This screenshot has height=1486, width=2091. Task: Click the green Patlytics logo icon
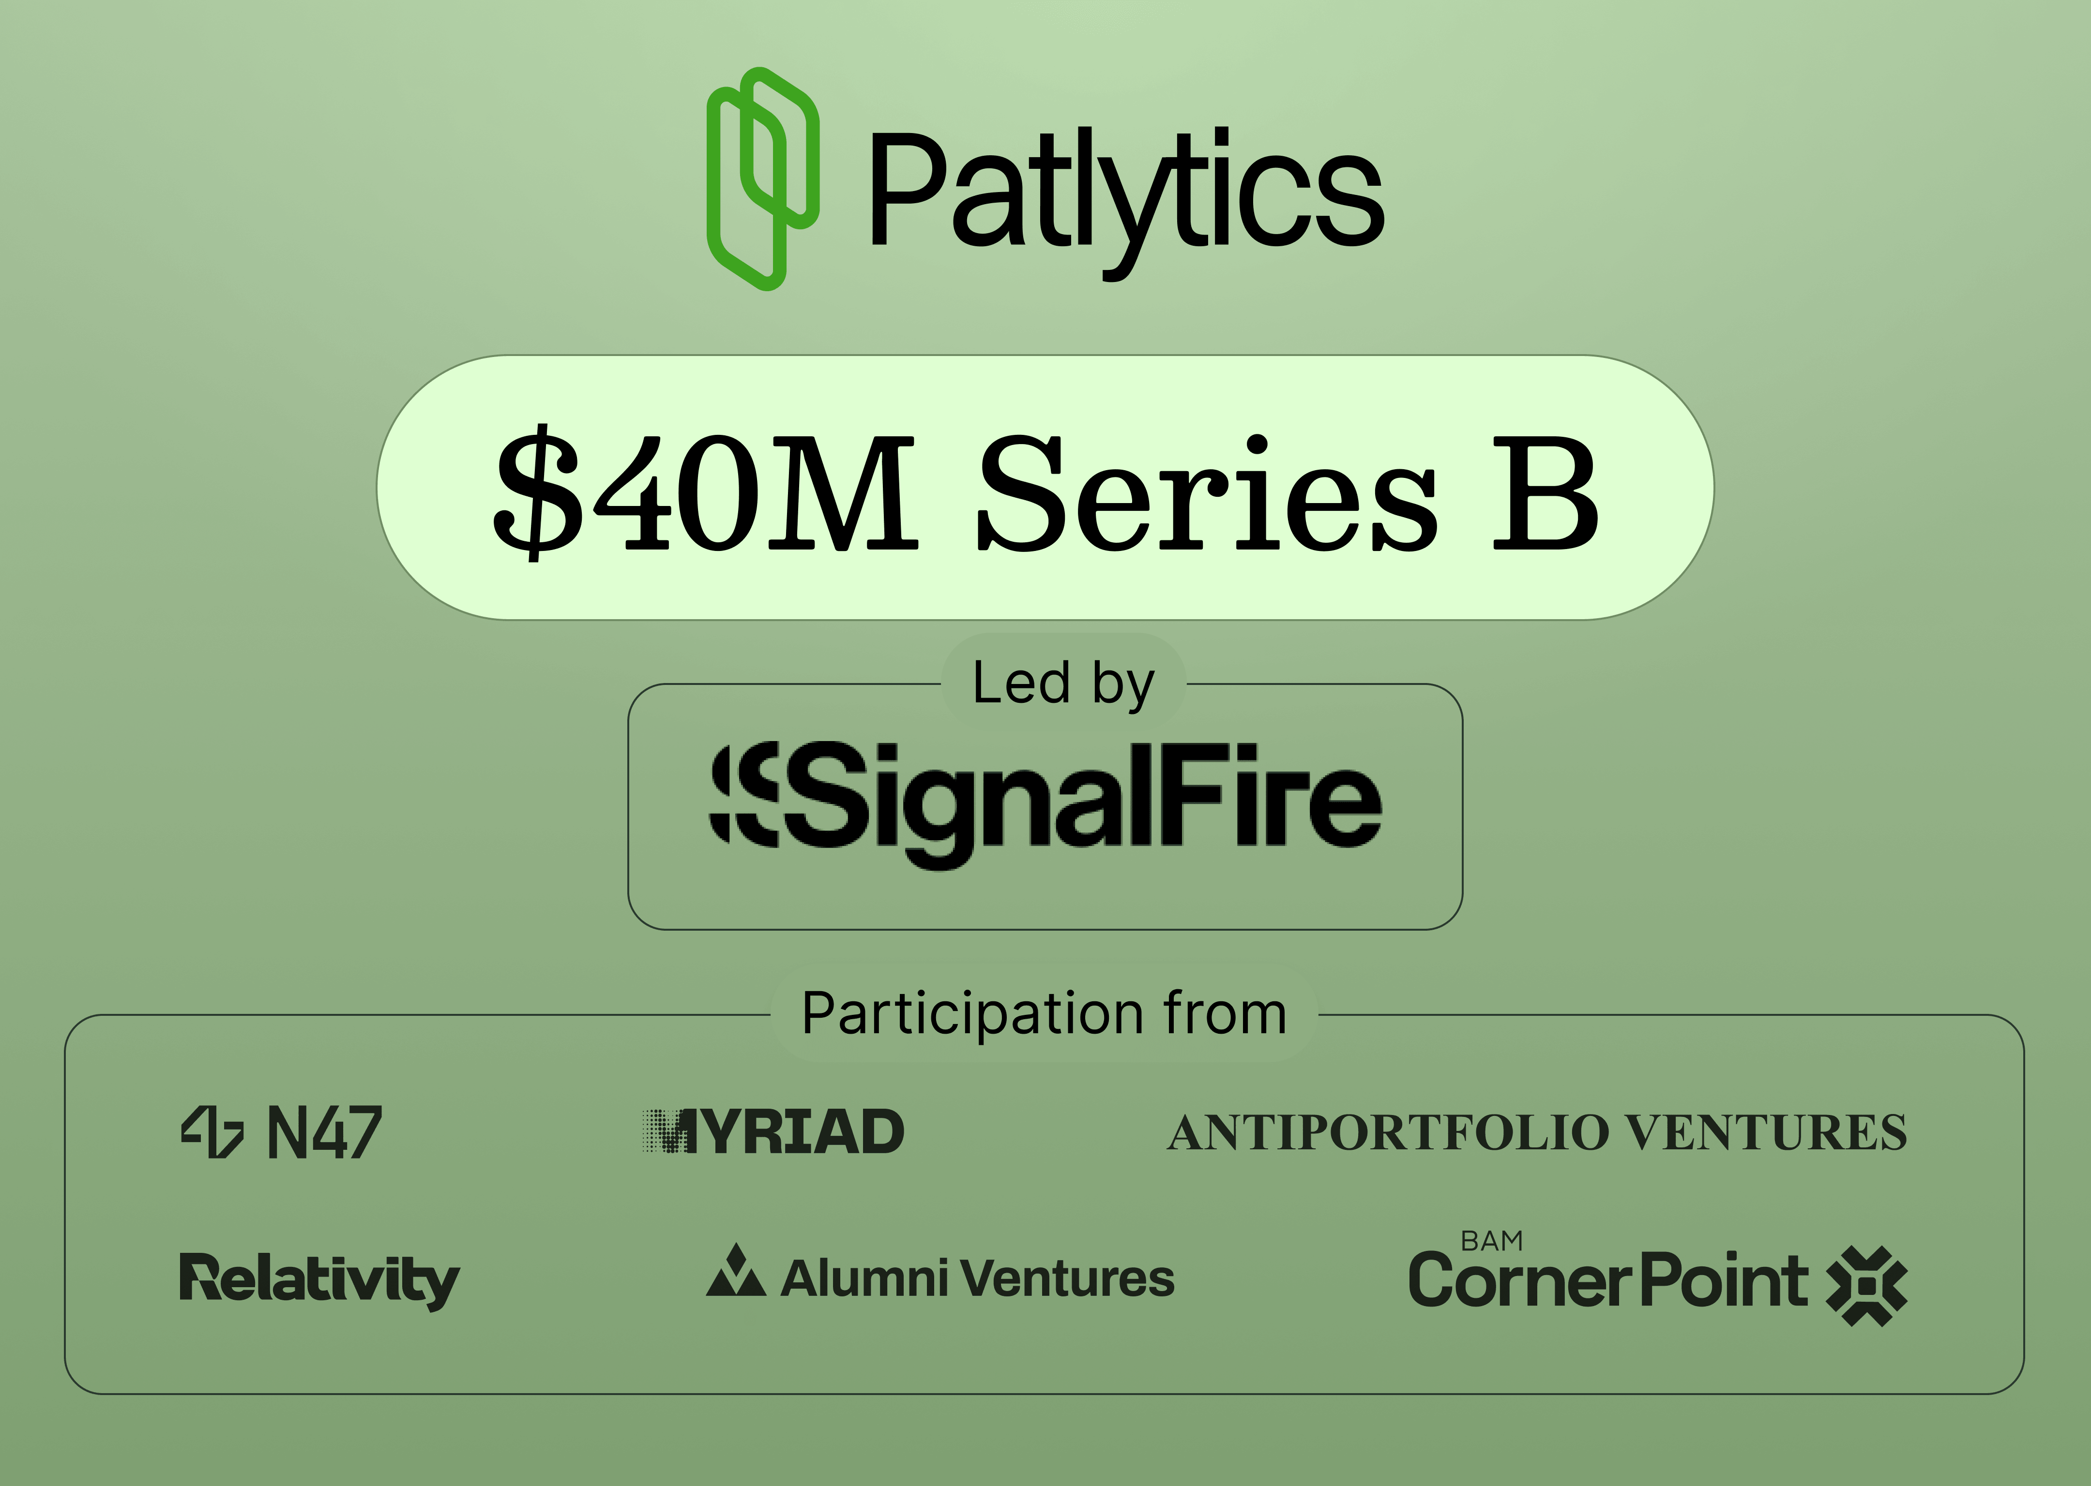tap(762, 178)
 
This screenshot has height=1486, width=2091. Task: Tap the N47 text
tap(324, 1133)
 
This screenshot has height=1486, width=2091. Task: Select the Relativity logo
tap(318, 1279)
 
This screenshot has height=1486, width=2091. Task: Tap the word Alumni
tap(864, 1278)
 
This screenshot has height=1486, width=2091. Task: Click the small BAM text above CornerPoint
tap(1491, 1241)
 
